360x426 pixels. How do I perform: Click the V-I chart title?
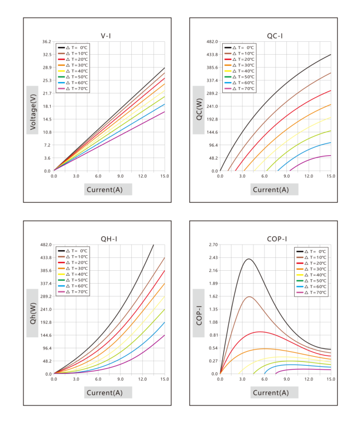coord(105,36)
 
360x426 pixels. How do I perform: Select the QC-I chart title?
coord(275,36)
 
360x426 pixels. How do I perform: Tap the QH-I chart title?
coord(109,239)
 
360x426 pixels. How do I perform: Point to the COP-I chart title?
coord(277,239)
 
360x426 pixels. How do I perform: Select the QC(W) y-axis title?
coord(199,109)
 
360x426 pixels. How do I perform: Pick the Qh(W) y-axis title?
coord(32,313)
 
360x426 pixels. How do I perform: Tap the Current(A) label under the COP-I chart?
coord(271,393)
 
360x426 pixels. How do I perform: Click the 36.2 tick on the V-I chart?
coord(46,41)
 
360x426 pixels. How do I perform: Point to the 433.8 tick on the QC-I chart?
coord(212,54)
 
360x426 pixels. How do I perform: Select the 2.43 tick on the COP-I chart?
coord(213,257)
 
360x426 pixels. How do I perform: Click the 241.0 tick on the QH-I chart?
coord(46,309)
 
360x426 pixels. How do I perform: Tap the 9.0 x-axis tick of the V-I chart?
coord(120,176)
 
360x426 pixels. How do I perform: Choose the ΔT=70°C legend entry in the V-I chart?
coord(73,89)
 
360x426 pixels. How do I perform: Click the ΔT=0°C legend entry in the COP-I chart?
coord(311,252)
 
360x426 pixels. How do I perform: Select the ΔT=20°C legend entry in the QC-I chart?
coord(239,59)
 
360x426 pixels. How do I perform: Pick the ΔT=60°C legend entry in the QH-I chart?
coord(73,286)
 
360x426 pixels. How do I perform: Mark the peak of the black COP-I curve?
coord(249,259)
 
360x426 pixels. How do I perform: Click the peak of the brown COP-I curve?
coord(249,296)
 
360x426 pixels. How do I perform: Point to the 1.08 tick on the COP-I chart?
coord(213,322)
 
